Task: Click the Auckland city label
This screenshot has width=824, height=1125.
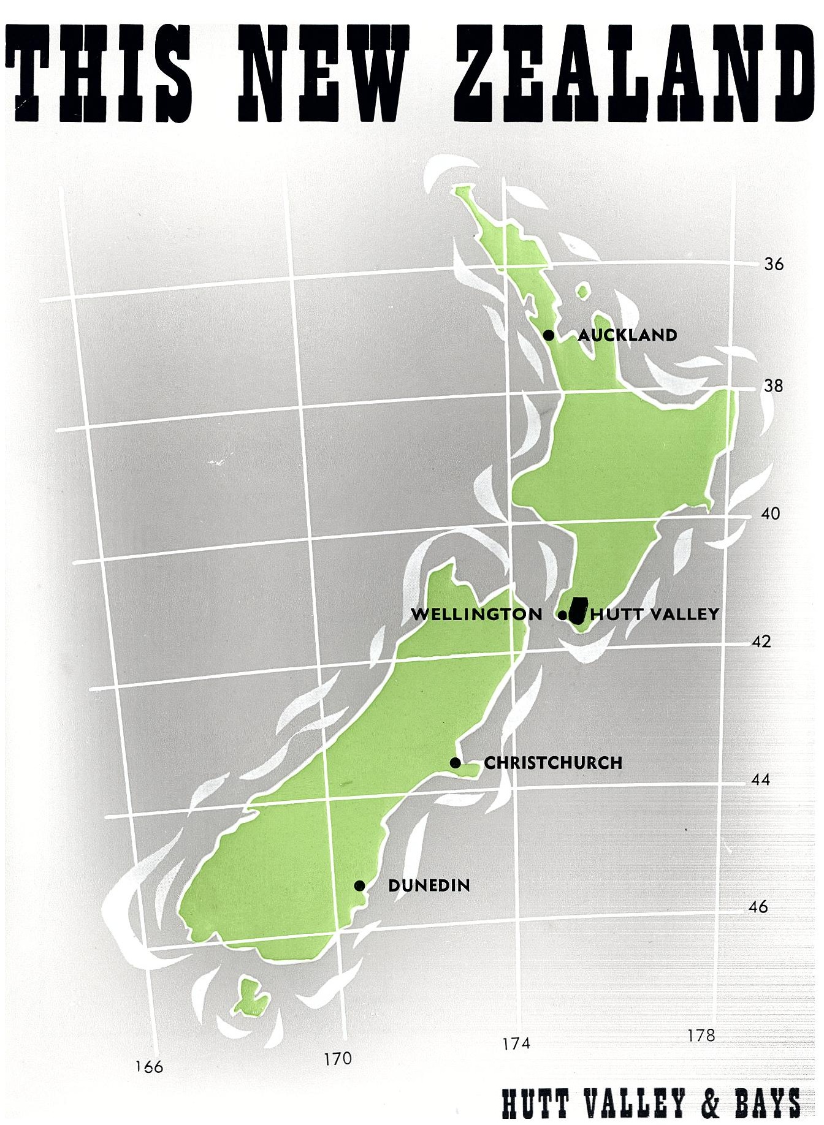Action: pos(627,335)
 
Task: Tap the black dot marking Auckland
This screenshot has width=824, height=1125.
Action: pos(549,335)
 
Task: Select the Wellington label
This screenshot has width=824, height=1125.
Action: pos(476,614)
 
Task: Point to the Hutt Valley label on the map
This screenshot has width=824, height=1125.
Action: pos(655,614)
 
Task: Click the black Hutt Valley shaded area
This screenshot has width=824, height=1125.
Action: pos(577,610)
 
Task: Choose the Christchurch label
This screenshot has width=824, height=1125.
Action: pos(553,763)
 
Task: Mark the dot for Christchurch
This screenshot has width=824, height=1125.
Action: pos(455,763)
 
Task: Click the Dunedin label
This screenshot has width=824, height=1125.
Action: pos(429,885)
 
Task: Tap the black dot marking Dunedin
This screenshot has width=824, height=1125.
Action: pos(360,885)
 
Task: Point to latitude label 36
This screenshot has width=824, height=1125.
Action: pos(774,264)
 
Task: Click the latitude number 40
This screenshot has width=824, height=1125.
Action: pos(770,513)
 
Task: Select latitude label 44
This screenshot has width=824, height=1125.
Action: pos(760,780)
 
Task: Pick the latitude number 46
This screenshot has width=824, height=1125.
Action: pos(758,907)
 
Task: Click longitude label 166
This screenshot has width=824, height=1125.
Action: pos(150,1067)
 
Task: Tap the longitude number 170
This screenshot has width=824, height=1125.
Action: pos(338,1059)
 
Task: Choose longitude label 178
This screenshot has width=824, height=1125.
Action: pos(701,1035)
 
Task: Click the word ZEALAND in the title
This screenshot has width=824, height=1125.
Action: pos(638,74)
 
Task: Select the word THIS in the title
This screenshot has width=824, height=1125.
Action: pos(98,74)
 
